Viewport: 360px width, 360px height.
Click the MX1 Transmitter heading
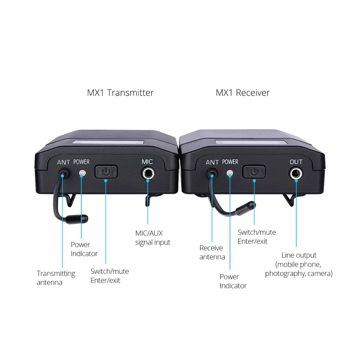pyautogui.click(x=120, y=93)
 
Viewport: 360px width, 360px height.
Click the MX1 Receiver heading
pyautogui.click(x=243, y=93)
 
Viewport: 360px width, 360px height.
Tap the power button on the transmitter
pyautogui.click(x=106, y=172)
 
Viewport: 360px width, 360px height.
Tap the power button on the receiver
pyautogui.click(x=254, y=172)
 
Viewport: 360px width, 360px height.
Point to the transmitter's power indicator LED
pyautogui.click(x=82, y=173)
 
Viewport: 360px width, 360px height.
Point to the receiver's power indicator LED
pyautogui.click(x=230, y=174)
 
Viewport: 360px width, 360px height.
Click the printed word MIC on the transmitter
pyautogui.click(x=147, y=162)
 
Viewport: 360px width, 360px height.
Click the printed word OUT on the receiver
pyautogui.click(x=296, y=162)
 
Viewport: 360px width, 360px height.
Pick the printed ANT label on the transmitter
pyautogui.click(x=63, y=162)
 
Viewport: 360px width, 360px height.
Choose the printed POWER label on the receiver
pyautogui.click(x=230, y=162)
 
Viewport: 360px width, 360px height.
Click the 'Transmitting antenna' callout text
pyautogui.click(x=56, y=278)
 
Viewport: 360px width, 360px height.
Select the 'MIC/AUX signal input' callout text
pyautogui.click(x=153, y=238)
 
